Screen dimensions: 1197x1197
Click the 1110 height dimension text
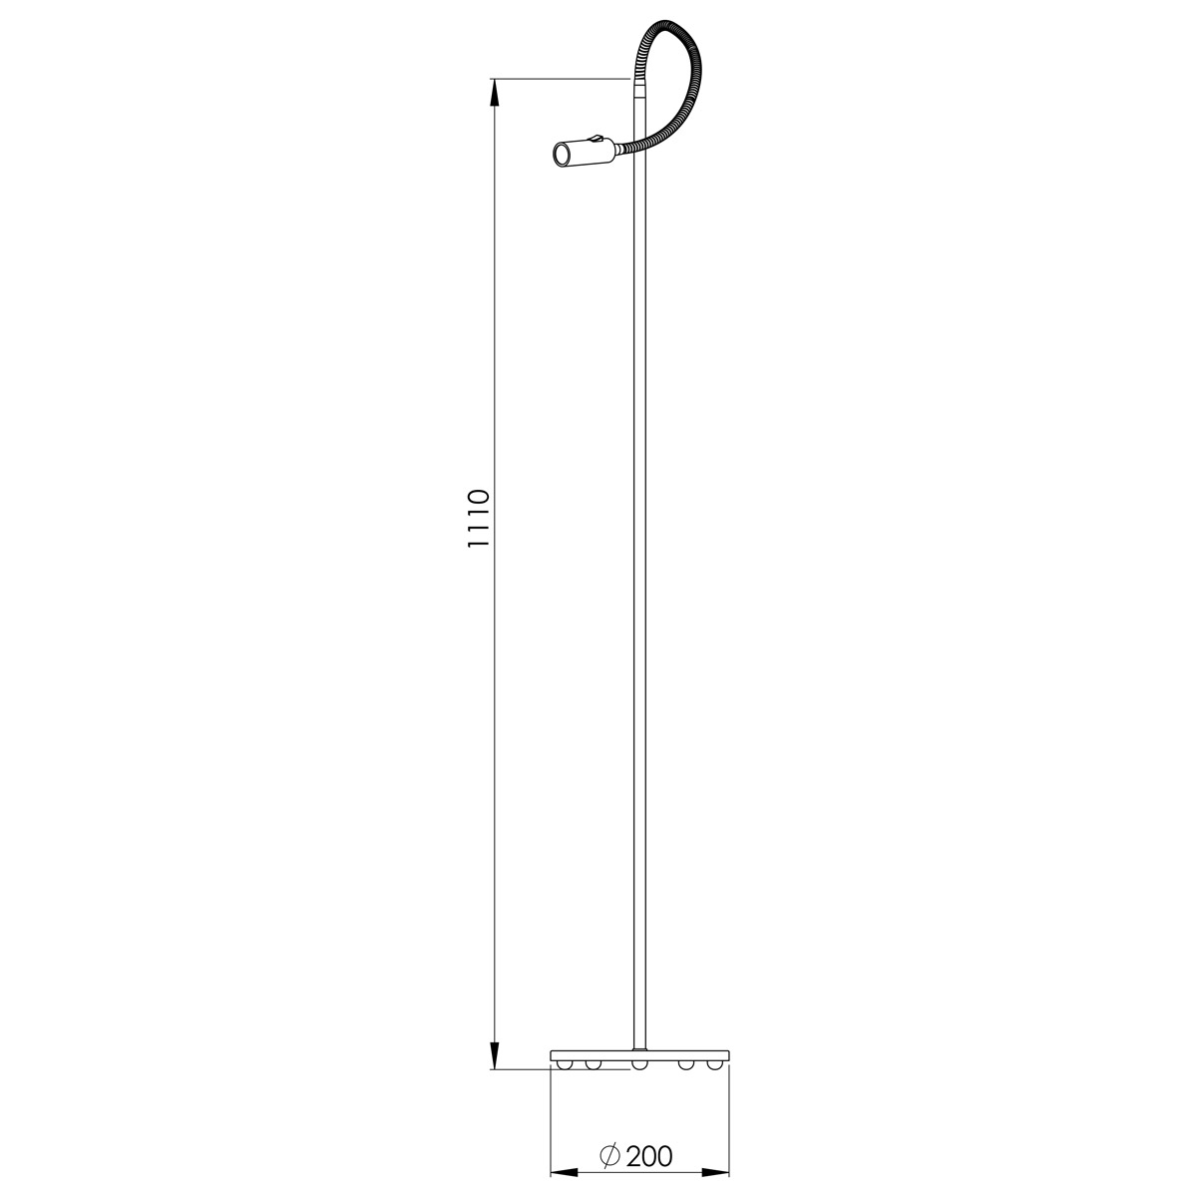click(x=479, y=518)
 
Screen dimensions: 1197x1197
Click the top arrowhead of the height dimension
click(x=495, y=93)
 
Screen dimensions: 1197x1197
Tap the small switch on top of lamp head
click(x=597, y=139)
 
